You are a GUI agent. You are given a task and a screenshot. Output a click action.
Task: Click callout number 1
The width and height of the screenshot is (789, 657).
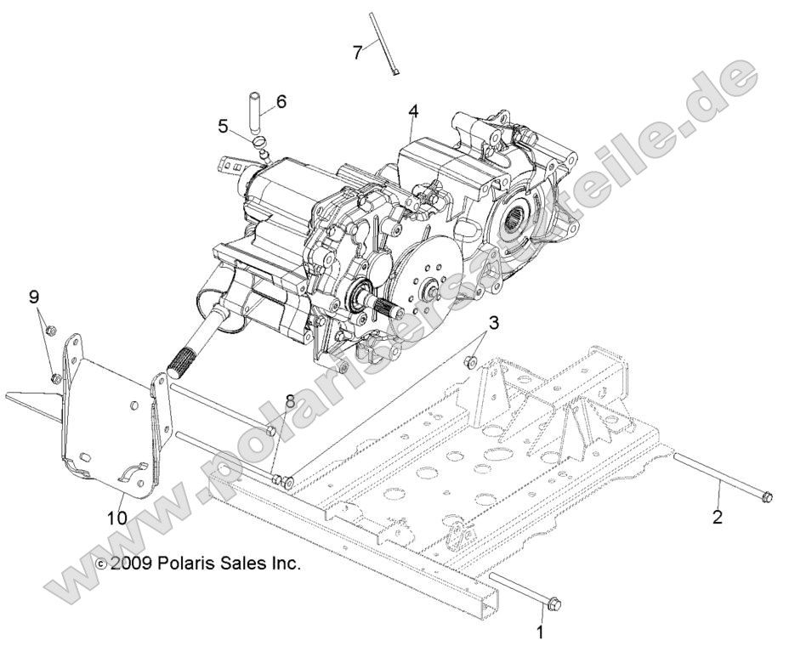click(x=538, y=632)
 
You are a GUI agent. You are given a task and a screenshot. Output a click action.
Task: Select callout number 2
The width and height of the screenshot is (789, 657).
click(x=717, y=516)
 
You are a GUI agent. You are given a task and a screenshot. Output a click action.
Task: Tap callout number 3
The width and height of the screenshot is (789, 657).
click(x=494, y=324)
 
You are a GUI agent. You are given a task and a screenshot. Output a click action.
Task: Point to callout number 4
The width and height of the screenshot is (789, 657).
click(x=413, y=111)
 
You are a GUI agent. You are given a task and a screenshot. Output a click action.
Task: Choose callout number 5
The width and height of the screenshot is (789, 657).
click(x=223, y=127)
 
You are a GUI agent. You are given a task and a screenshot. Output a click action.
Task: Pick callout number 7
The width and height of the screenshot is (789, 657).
click(x=358, y=51)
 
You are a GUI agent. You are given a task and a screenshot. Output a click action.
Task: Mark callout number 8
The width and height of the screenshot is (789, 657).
click(x=289, y=399)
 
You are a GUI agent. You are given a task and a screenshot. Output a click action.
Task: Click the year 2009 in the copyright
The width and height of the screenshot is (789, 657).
click(x=130, y=563)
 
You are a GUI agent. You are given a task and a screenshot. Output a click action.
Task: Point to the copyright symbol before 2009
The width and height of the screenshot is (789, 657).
click(x=101, y=564)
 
